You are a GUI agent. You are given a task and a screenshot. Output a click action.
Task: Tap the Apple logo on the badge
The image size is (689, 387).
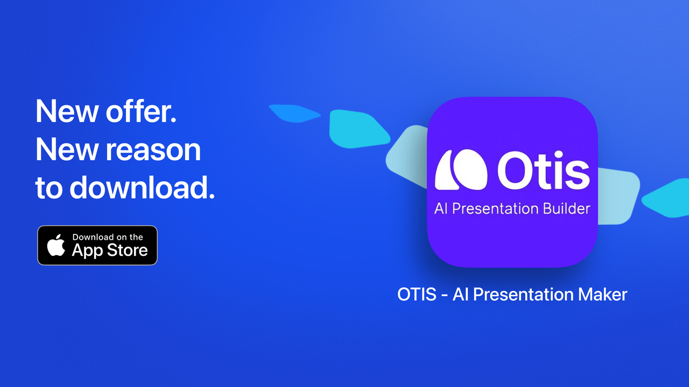click(56, 245)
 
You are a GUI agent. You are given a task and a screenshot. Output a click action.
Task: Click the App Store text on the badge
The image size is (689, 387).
click(110, 250)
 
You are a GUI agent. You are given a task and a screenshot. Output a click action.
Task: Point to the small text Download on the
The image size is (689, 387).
click(108, 237)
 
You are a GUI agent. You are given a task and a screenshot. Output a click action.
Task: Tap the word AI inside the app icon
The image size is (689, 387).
click(441, 209)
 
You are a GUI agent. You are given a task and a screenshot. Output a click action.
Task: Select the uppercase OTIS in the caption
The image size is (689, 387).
click(417, 295)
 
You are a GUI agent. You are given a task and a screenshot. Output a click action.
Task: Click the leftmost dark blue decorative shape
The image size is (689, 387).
click(293, 112)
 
